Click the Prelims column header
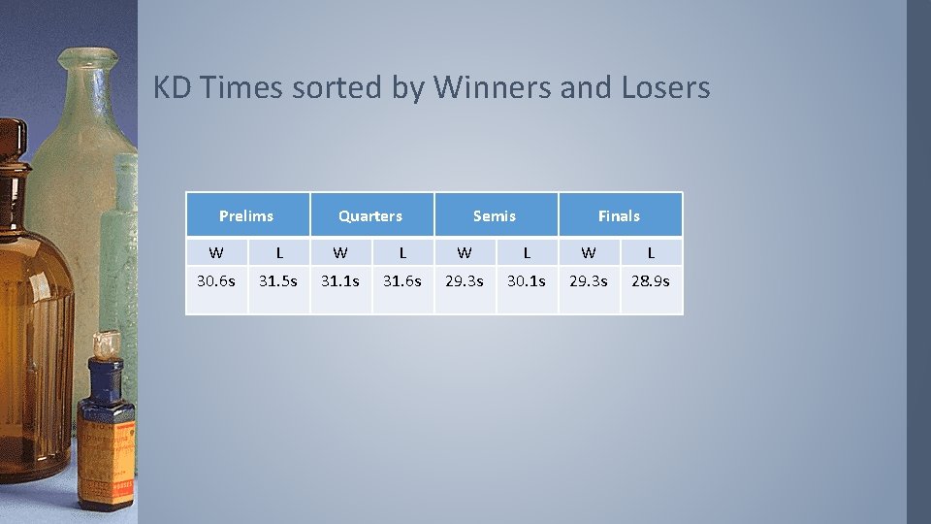point(246,215)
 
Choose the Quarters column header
point(370,215)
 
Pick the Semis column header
point(495,215)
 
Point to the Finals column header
point(619,215)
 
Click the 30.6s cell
point(216,281)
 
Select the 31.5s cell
point(278,281)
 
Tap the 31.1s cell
point(340,281)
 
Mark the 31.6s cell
point(402,281)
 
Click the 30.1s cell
point(527,281)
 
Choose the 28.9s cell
point(651,281)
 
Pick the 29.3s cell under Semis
point(465,281)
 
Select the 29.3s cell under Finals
point(589,281)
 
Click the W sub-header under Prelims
point(216,252)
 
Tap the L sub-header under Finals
point(651,252)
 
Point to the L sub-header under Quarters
point(402,252)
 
